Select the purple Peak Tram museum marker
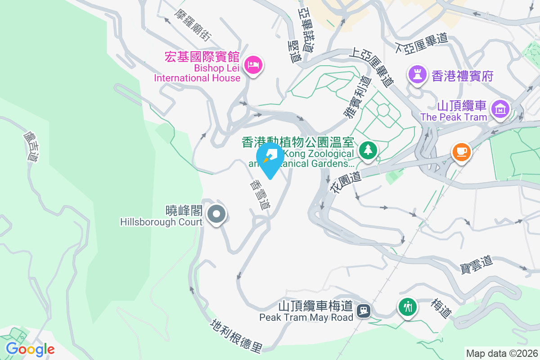point(500,108)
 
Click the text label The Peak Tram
point(454,117)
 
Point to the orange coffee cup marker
point(461,151)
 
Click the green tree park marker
point(368,149)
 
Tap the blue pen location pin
point(270,158)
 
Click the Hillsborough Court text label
point(161,222)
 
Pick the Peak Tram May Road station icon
point(363,310)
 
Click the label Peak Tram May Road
point(306,318)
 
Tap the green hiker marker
point(408,307)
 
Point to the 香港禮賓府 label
point(463,76)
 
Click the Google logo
point(30,349)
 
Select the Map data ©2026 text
point(501,353)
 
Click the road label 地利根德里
point(237,336)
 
